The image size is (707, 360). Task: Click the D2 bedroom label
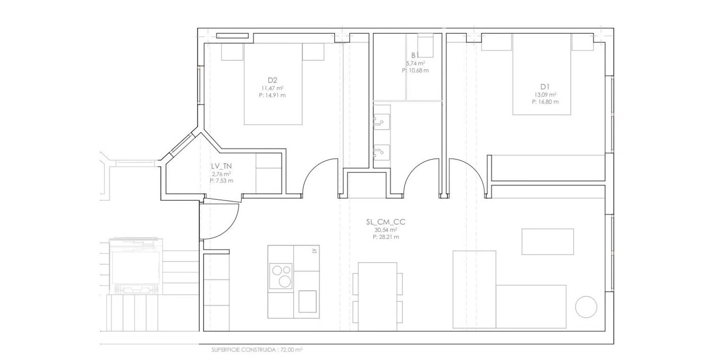coord(272,81)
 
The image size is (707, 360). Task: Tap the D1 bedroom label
coord(545,87)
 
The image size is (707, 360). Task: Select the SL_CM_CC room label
coord(386,222)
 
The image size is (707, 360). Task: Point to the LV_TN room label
coord(222,166)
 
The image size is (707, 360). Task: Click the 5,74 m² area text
coord(415,64)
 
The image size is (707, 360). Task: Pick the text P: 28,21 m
coord(386,237)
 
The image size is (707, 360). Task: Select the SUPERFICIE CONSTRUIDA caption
coord(257,350)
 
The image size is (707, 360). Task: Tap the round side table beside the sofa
coord(586,307)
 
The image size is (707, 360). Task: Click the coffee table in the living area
coord(548,242)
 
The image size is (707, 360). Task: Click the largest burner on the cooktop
coord(285,281)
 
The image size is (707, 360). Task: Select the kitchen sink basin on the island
coord(307,301)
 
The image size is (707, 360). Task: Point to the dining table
coord(378,296)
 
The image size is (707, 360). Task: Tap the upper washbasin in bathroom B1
coord(382,122)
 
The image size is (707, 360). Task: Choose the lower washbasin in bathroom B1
coord(382,152)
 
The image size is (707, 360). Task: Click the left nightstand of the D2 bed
coord(232,52)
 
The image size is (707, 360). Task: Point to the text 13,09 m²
coord(545,95)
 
